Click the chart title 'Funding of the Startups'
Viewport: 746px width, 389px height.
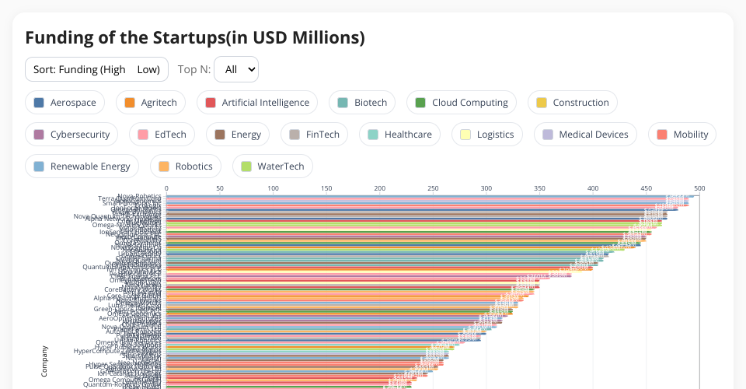point(194,37)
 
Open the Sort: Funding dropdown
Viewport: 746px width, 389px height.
point(96,69)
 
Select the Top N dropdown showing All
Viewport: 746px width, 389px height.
point(236,69)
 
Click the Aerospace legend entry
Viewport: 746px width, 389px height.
point(64,103)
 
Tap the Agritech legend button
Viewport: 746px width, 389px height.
point(151,103)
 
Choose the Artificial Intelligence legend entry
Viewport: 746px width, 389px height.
point(257,103)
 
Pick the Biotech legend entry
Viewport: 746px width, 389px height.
point(362,103)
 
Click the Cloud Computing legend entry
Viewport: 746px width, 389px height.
point(462,103)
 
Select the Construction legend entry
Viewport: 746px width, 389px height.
point(572,103)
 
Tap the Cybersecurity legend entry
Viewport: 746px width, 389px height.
point(71,135)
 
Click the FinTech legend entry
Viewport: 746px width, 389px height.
point(314,135)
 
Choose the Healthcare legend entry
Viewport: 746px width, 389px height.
point(399,135)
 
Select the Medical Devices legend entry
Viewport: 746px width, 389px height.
point(586,135)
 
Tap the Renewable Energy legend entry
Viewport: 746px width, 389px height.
point(82,166)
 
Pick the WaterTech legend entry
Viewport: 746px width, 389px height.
point(272,166)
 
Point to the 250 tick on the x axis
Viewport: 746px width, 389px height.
point(433,188)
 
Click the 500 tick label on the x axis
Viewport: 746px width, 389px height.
point(699,188)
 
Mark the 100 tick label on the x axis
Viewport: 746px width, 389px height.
point(273,188)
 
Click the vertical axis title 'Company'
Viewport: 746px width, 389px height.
point(44,361)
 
